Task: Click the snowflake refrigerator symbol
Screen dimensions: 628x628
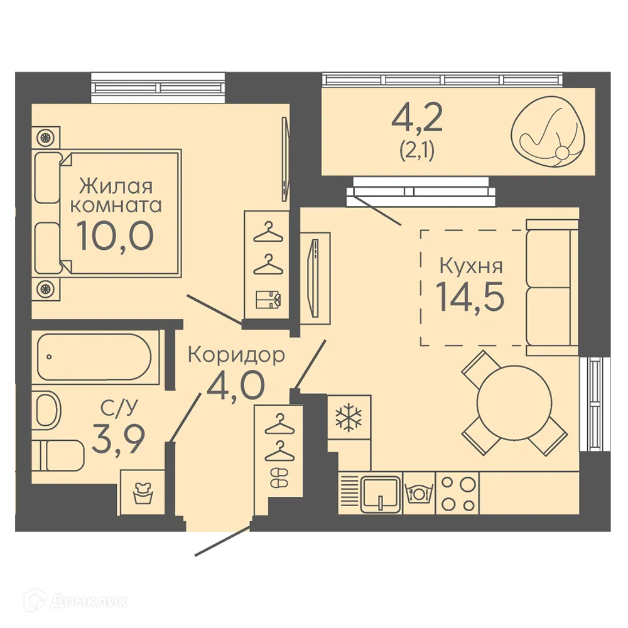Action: point(349,418)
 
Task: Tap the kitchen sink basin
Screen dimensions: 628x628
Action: point(381,494)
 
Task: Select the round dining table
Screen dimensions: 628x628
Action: point(514,402)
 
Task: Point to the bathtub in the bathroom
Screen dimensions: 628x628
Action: point(95,357)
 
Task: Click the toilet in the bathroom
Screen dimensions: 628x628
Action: point(58,455)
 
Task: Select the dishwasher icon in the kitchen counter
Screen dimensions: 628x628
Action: point(419,493)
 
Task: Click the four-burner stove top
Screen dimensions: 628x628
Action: point(458,494)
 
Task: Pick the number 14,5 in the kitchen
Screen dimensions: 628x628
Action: point(470,296)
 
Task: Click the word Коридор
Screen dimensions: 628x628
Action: point(236,354)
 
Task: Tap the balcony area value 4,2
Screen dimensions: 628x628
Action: point(417,117)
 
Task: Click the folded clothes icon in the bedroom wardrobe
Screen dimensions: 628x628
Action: point(268,300)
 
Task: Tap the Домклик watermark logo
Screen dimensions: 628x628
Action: point(76,601)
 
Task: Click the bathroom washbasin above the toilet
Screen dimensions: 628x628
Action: point(47,410)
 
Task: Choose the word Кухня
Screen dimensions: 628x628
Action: point(471,266)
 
